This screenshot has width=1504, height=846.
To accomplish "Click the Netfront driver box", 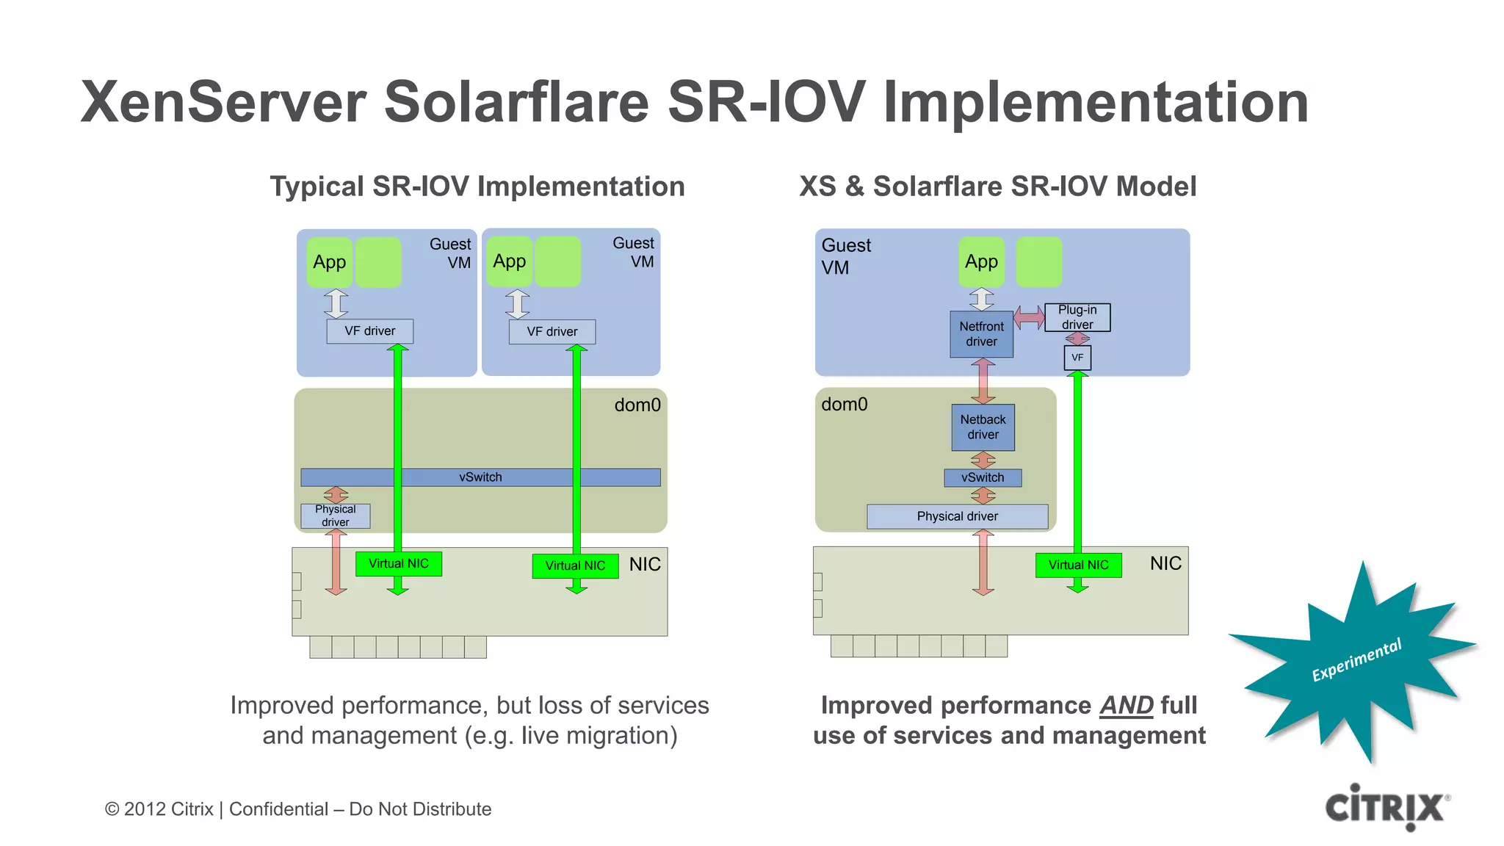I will coord(981,334).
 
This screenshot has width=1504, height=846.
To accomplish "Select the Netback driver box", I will coord(983,427).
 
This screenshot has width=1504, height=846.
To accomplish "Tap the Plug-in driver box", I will coord(1077,317).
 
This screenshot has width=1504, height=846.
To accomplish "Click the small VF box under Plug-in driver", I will coord(1077,358).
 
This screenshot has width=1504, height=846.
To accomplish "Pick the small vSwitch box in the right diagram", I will coord(983,477).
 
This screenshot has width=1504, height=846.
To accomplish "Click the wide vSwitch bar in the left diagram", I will coord(480,477).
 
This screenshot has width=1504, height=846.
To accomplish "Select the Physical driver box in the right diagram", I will coord(957,516).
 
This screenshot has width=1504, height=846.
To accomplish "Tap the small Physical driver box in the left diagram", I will coord(335,516).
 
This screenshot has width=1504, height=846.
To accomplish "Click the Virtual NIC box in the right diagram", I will coord(1078,565).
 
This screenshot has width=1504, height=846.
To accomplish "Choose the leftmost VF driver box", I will coord(369,331).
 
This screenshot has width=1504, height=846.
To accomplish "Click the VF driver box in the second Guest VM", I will coord(552,332).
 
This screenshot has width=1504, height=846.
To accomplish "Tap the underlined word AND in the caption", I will coord(1126,706).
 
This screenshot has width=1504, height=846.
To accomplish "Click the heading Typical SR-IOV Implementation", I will coord(477,187).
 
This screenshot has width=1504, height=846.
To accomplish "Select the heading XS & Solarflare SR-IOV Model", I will coord(997,187).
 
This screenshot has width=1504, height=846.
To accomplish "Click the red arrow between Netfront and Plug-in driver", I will coord(1029,318).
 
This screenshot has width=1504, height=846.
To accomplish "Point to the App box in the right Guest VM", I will coord(981,261).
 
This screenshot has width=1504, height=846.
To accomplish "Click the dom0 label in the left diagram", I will coord(637,405).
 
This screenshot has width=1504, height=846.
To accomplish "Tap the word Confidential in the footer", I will coord(278,809).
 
